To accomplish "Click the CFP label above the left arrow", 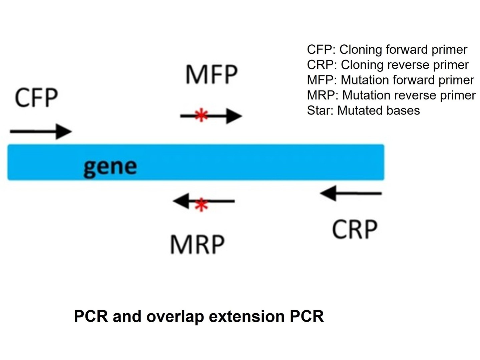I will point(36,98).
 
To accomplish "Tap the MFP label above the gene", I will point(211,74).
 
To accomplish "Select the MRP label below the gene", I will point(197,245).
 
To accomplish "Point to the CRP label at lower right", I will point(355,230).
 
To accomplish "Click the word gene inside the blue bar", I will point(110,166).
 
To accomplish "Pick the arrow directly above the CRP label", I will point(351,193).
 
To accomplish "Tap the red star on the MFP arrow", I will point(201,115).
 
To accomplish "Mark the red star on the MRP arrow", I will point(201,205).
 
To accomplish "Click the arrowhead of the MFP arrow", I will point(233,116).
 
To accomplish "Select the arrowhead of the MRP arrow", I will point(181,201).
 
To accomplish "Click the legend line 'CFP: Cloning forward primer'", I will point(387,50).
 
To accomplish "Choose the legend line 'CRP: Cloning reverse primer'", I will point(388,65).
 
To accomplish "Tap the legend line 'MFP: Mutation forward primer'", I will point(390,80).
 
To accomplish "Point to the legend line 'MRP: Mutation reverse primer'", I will point(391,95).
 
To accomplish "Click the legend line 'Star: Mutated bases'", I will point(363,110).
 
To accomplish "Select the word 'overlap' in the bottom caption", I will point(175,316).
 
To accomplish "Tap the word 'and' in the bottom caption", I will point(127,316).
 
